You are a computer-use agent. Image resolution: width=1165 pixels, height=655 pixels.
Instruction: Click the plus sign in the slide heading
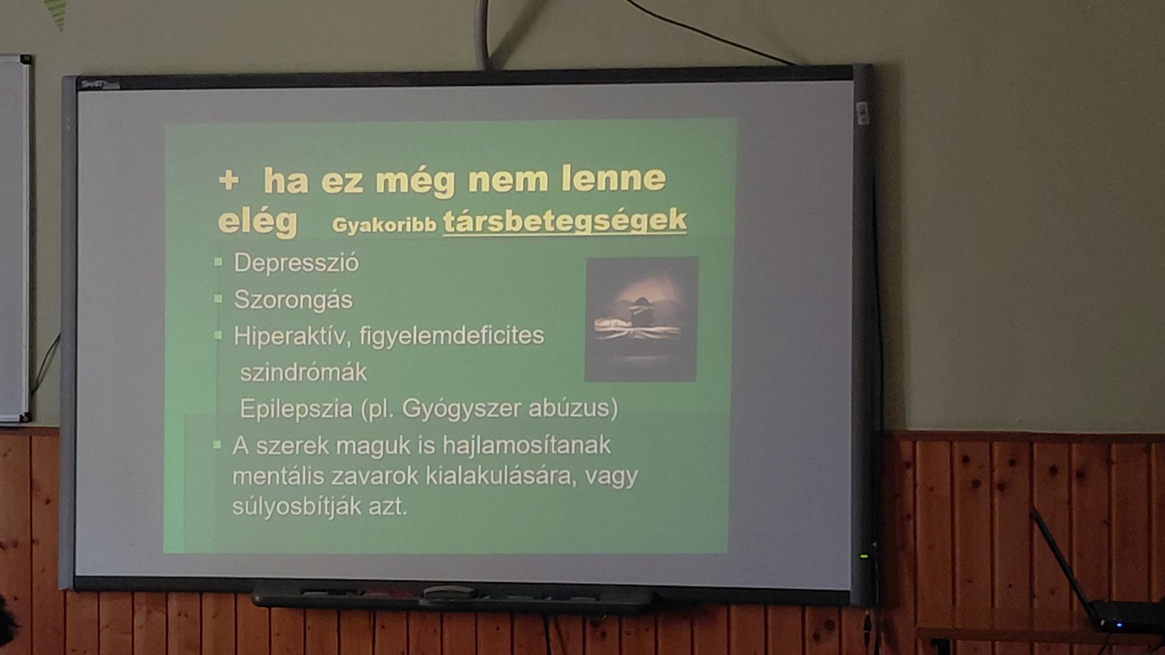tap(229, 181)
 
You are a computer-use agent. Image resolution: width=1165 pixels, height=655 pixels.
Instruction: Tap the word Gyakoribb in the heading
tap(384, 225)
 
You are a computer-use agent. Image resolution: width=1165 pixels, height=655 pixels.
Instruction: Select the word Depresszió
tap(296, 263)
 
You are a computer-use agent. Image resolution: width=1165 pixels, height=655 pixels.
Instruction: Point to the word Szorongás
tap(293, 300)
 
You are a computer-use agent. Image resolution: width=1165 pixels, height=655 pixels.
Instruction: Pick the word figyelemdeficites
tap(451, 335)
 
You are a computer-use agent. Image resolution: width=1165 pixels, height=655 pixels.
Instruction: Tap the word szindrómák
tap(303, 372)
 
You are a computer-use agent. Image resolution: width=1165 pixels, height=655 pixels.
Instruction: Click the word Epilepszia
tap(296, 409)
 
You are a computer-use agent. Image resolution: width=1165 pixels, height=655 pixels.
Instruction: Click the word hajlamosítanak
tap(527, 445)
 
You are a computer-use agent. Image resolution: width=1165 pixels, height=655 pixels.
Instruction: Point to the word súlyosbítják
tap(297, 506)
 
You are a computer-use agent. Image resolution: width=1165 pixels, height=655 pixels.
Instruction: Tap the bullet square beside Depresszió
tap(218, 263)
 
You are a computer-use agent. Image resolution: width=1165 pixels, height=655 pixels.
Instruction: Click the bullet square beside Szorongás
tap(218, 298)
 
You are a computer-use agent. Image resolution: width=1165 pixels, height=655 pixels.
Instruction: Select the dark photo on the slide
tap(641, 319)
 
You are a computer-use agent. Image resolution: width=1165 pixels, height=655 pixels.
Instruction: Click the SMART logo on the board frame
tap(101, 85)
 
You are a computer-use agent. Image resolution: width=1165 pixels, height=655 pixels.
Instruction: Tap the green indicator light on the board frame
tap(864, 556)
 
